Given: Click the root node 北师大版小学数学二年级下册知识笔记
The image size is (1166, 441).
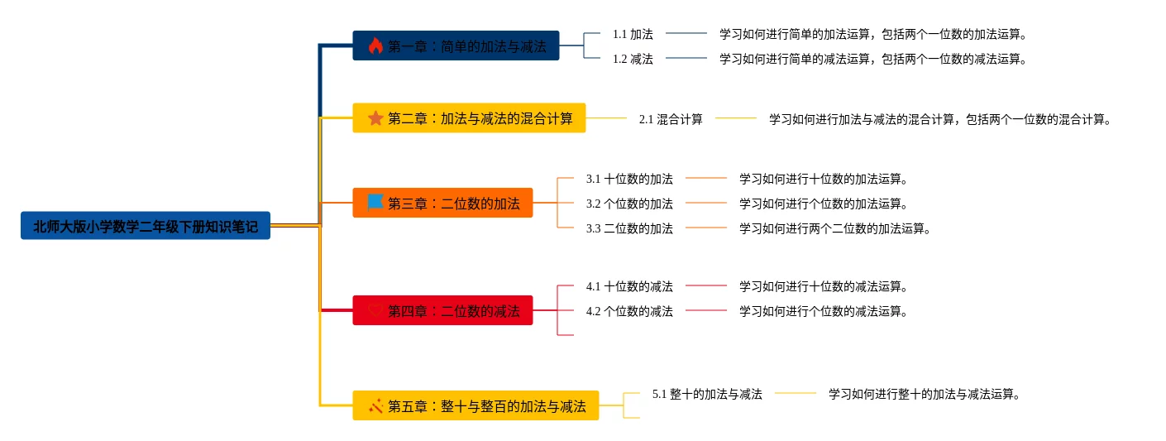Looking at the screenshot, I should pyautogui.click(x=146, y=226).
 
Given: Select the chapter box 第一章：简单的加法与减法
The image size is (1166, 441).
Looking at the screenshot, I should pyautogui.click(x=456, y=46).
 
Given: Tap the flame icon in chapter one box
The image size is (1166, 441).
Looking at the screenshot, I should pyautogui.click(x=375, y=46).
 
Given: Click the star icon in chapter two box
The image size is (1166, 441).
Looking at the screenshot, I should pyautogui.click(x=375, y=118).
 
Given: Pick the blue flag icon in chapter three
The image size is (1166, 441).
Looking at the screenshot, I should pyautogui.click(x=375, y=202).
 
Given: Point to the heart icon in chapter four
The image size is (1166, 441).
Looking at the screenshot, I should pyautogui.click(x=375, y=310).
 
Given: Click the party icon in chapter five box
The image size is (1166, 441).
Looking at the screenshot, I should pyautogui.click(x=375, y=405).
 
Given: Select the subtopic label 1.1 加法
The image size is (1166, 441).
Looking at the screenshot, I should pyautogui.click(x=633, y=34).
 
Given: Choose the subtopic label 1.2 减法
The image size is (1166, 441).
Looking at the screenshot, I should pyautogui.click(x=633, y=59).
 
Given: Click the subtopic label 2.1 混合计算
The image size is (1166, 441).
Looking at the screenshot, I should pyautogui.click(x=671, y=119).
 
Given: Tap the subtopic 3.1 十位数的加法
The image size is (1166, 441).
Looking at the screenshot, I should pyautogui.click(x=629, y=179).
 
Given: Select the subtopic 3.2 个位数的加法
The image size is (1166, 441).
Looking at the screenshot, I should pyautogui.click(x=629, y=204).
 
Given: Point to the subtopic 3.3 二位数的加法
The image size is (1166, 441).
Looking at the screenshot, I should pyautogui.click(x=629, y=228).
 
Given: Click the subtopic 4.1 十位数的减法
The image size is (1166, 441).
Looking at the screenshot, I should pyautogui.click(x=629, y=286).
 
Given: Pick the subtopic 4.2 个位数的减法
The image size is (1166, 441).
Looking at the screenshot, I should pyautogui.click(x=629, y=311).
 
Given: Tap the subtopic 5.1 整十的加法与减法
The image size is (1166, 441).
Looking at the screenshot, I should pyautogui.click(x=707, y=394).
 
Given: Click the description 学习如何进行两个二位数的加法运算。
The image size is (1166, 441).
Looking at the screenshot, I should pyautogui.click(x=835, y=228).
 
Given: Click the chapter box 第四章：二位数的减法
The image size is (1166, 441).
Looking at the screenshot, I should pyautogui.click(x=442, y=310).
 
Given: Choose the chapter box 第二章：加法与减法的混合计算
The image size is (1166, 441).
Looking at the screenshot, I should pyautogui.click(x=469, y=118).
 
